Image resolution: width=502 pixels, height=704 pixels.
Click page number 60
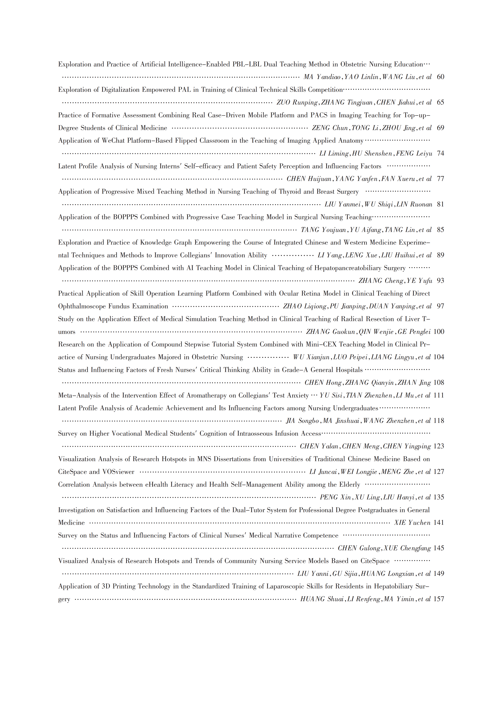click(x=440, y=77)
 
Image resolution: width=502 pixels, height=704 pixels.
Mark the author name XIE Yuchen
click(x=412, y=523)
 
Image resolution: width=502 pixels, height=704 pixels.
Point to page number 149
click(x=439, y=574)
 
